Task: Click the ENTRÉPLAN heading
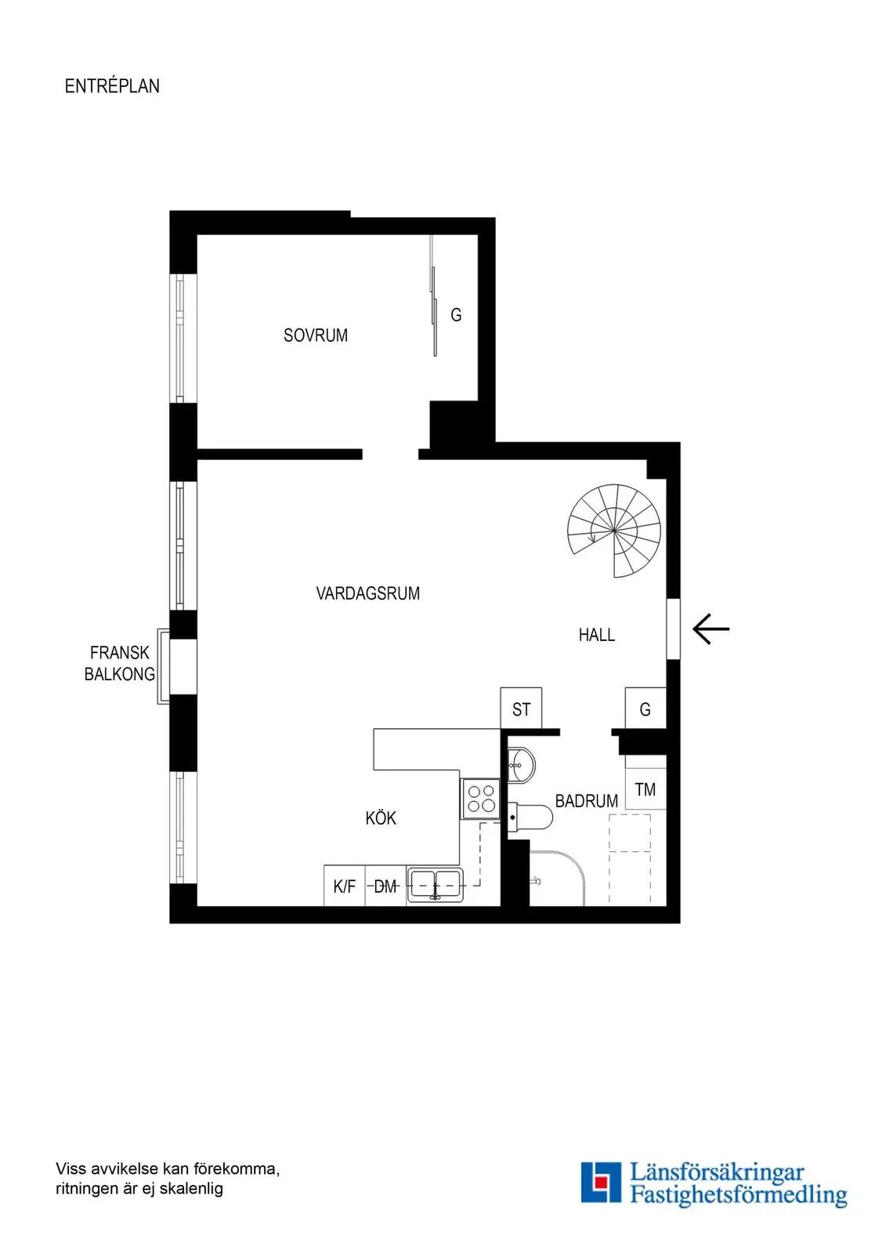[112, 85]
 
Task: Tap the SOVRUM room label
[316, 335]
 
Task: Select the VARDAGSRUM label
[367, 593]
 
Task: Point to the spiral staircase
[614, 531]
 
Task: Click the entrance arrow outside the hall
[711, 629]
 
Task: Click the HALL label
[597, 635]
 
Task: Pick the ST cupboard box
[521, 709]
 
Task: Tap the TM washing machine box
[646, 789]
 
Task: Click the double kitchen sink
[436, 885]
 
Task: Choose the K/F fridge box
[344, 886]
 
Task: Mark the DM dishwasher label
[385, 886]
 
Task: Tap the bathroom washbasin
[521, 763]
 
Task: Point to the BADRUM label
[587, 801]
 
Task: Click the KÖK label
[381, 818]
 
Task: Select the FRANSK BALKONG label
[120, 663]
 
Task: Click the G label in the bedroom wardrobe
[456, 315]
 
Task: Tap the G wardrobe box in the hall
[646, 709]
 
